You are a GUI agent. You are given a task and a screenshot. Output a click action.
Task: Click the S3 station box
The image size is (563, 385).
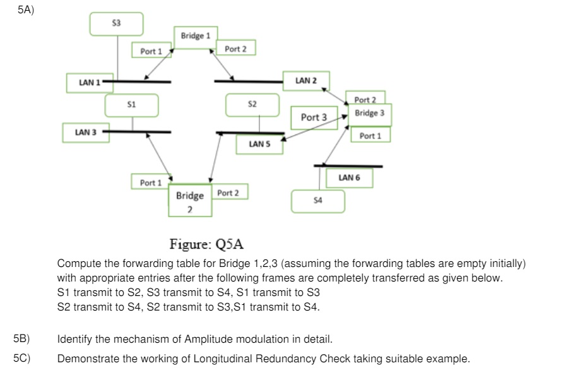116,23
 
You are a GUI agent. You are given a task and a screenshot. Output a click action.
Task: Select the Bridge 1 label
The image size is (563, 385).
195,35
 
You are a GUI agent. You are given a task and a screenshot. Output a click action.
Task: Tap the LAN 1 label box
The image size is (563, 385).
86,83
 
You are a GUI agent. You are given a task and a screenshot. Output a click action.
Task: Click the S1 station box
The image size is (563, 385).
131,104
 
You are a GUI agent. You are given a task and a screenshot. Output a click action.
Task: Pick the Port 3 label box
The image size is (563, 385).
314,117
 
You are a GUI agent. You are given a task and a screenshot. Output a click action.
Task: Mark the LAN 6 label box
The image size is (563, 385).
349,178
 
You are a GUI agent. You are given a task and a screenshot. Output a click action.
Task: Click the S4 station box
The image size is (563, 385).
317,200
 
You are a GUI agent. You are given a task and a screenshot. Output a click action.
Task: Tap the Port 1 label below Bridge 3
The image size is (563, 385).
370,136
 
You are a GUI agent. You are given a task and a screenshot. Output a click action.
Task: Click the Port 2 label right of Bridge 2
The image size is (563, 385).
228,192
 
